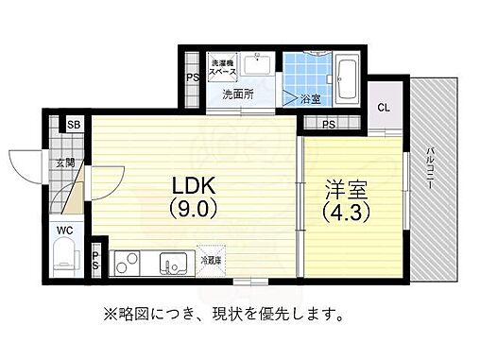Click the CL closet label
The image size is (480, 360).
click(385, 107)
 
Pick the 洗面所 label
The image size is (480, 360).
click(238, 95)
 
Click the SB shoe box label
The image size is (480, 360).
click(73, 124)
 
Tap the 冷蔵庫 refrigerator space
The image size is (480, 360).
click(210, 260)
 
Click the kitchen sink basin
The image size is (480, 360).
click(173, 262)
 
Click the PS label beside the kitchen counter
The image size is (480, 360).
click(95, 260)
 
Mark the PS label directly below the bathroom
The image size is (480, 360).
click(328, 124)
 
